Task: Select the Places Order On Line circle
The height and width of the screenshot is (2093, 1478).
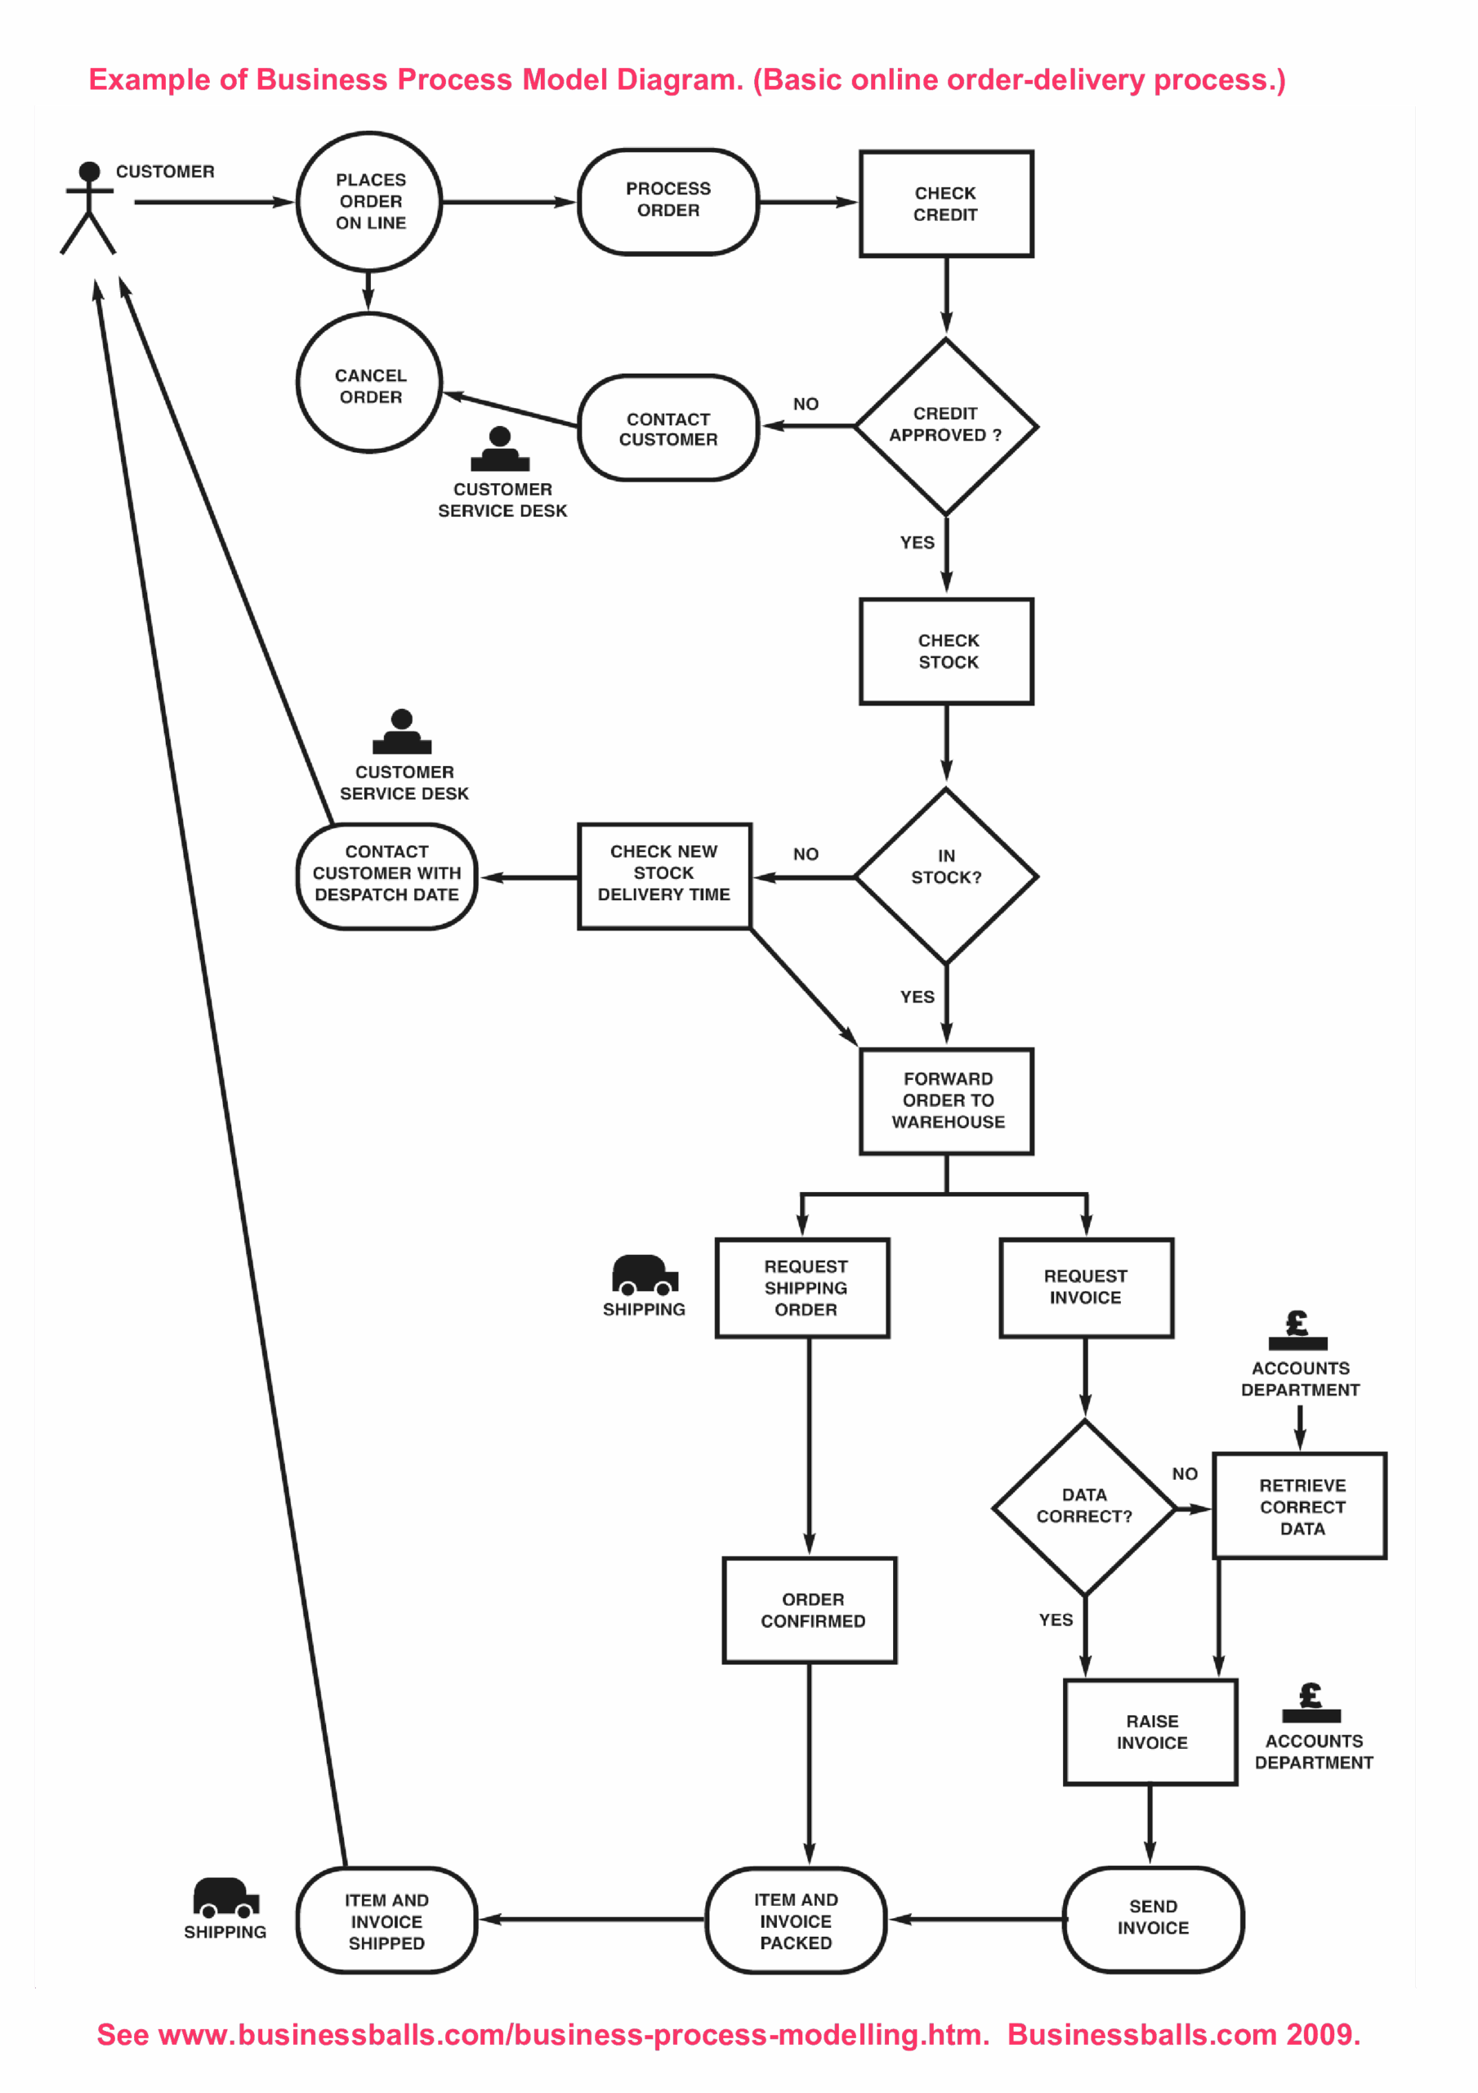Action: coord(369,201)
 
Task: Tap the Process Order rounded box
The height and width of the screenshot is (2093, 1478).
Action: coord(668,201)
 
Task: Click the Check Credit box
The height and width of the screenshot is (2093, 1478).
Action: coord(946,204)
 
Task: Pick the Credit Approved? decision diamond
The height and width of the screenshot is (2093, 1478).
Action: coord(946,426)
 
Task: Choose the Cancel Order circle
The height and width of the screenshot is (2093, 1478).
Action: coord(369,383)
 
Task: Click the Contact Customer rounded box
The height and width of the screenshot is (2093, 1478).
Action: coord(668,428)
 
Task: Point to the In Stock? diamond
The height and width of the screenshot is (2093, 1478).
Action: coord(946,876)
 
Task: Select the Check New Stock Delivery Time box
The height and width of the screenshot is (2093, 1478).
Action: coord(664,876)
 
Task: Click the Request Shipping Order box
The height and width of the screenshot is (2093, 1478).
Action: coord(803,1288)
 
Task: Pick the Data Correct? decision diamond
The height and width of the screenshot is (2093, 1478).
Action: coord(1084,1508)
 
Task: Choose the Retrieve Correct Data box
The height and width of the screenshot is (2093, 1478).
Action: coord(1301,1506)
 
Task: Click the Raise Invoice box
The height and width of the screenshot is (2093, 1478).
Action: coord(1151,1732)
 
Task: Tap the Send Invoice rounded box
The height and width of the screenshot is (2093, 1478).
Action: coord(1154,1919)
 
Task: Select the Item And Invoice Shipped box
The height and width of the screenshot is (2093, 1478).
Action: coord(386,1920)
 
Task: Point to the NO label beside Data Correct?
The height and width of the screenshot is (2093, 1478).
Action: coord(1185,1474)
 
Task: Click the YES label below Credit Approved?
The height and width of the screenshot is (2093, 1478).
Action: coord(918,542)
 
